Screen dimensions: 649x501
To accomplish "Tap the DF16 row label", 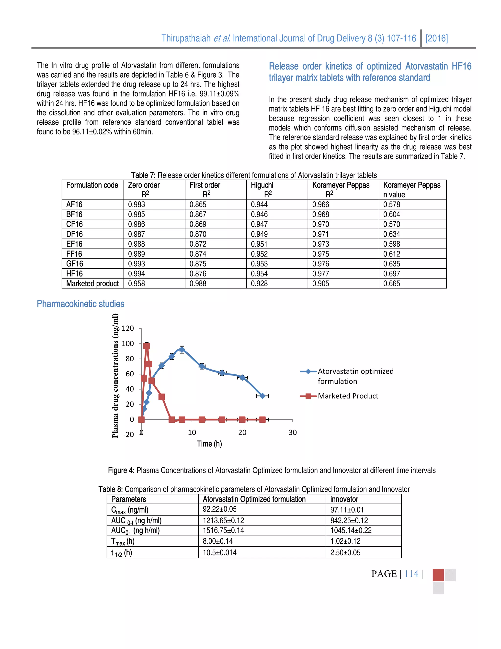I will tap(74, 234).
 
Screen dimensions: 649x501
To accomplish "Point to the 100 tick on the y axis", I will tap(128, 344).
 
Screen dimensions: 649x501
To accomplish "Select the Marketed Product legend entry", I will tap(348, 396).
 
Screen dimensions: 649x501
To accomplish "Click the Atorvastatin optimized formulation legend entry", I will tap(355, 376).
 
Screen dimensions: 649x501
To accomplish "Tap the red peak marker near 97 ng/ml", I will tap(146, 346).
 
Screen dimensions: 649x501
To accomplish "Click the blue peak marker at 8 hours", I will tap(182, 350).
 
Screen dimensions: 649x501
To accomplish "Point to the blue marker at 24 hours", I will tap(262, 396).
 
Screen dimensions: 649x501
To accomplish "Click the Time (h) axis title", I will tap(209, 444).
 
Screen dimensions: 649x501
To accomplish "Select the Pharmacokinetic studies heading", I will tap(80, 304).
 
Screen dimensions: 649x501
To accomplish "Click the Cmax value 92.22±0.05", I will tap(220, 509).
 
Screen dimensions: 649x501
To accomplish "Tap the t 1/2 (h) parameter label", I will tap(121, 553).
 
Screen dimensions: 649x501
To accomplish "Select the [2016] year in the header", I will tap(436, 38).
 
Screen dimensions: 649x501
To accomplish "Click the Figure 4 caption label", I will tap(121, 470).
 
